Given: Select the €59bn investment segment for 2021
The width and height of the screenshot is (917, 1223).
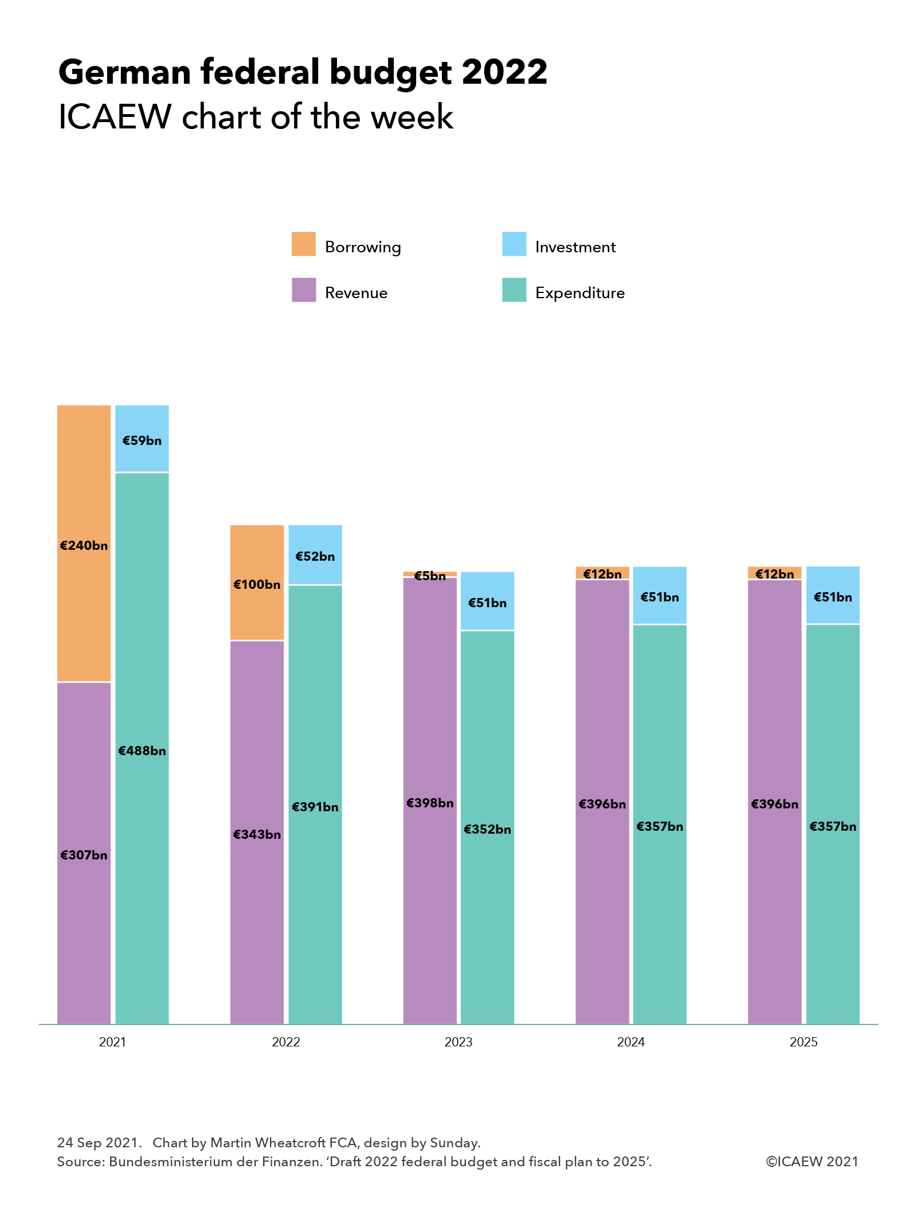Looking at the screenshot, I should pyautogui.click(x=142, y=439).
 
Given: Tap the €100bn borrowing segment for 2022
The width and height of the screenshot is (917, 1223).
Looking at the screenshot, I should pyautogui.click(x=257, y=583).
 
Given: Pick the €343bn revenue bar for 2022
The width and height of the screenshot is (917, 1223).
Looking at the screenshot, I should pyautogui.click(x=257, y=831).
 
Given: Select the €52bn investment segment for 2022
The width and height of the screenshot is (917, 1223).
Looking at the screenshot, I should pyautogui.click(x=315, y=555).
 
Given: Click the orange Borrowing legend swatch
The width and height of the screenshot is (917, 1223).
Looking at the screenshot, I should pyautogui.click(x=304, y=244).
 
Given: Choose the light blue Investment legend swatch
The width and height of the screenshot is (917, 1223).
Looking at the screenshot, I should pyautogui.click(x=514, y=244).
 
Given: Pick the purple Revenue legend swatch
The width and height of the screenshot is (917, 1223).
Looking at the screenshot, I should pyautogui.click(x=304, y=290).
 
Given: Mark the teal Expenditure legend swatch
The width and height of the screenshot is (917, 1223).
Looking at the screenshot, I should pyautogui.click(x=514, y=290).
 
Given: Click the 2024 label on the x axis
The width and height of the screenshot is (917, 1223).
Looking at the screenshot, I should pyautogui.click(x=630, y=1042).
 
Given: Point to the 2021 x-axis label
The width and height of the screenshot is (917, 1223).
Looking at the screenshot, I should pyautogui.click(x=112, y=1042).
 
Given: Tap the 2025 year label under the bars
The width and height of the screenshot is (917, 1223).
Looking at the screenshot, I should pyautogui.click(x=804, y=1042).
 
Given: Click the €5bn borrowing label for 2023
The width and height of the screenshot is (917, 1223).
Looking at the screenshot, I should pyautogui.click(x=430, y=576).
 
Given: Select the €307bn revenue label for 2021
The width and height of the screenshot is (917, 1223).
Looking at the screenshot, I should pyautogui.click(x=84, y=855).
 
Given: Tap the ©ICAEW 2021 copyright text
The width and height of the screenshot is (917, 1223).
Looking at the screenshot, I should pyautogui.click(x=812, y=1161).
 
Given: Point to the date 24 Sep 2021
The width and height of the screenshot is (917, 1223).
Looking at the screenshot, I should pyautogui.click(x=98, y=1142).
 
